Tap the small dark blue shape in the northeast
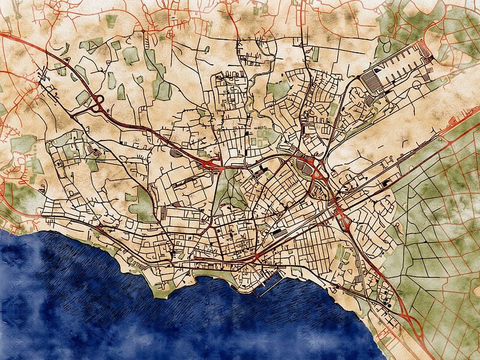pyautogui.click(x=376, y=71)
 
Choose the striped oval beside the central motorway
pyautogui.click(x=175, y=153)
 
